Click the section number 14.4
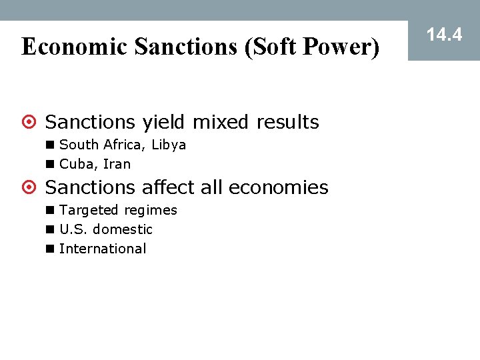[x=444, y=35]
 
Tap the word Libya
[x=169, y=145]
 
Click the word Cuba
[x=75, y=164]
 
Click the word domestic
[x=123, y=229]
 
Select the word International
[x=103, y=249]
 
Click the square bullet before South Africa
[x=51, y=145]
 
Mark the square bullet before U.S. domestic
[x=51, y=229]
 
